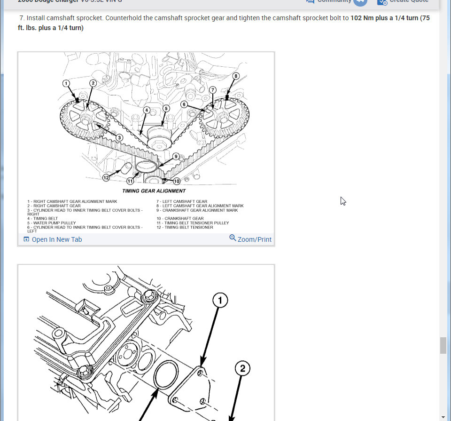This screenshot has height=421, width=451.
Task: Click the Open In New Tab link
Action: [x=56, y=239]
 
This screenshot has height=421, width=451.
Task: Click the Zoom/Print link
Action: [x=254, y=239]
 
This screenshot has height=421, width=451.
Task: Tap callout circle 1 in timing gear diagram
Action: [x=67, y=83]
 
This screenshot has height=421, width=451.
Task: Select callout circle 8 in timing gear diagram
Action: [x=236, y=76]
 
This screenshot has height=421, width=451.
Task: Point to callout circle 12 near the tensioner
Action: [x=106, y=177]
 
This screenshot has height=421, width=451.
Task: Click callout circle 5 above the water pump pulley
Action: [x=166, y=108]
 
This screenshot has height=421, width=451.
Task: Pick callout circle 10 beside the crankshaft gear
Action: [x=177, y=181]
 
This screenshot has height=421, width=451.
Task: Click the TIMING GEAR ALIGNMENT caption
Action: [x=154, y=191]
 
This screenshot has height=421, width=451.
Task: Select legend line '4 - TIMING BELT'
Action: [x=43, y=219]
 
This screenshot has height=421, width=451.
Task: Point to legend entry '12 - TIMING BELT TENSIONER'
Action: [x=185, y=227]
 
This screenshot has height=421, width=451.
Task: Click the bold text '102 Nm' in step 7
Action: [x=362, y=18]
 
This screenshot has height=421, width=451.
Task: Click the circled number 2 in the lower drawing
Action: [x=242, y=368]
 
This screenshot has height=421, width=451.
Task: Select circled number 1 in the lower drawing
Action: [x=220, y=300]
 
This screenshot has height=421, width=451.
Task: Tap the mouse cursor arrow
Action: [x=343, y=201]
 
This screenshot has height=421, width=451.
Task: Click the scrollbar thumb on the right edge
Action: [x=443, y=345]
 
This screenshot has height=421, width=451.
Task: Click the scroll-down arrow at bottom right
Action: [x=443, y=417]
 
